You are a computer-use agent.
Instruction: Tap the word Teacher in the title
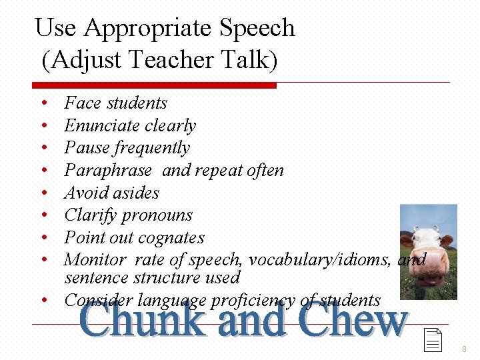pos(173,60)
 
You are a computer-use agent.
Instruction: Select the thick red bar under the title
pos(154,85)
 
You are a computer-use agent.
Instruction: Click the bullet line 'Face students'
pos(115,103)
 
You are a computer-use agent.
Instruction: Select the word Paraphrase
pos(108,171)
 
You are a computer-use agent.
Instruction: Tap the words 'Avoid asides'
pos(111,193)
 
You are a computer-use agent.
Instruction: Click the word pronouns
pos(159,215)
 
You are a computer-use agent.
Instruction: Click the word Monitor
pos(94,259)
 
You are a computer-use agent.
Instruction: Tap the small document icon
pos(433,340)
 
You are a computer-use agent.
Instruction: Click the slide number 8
pos(464,349)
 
